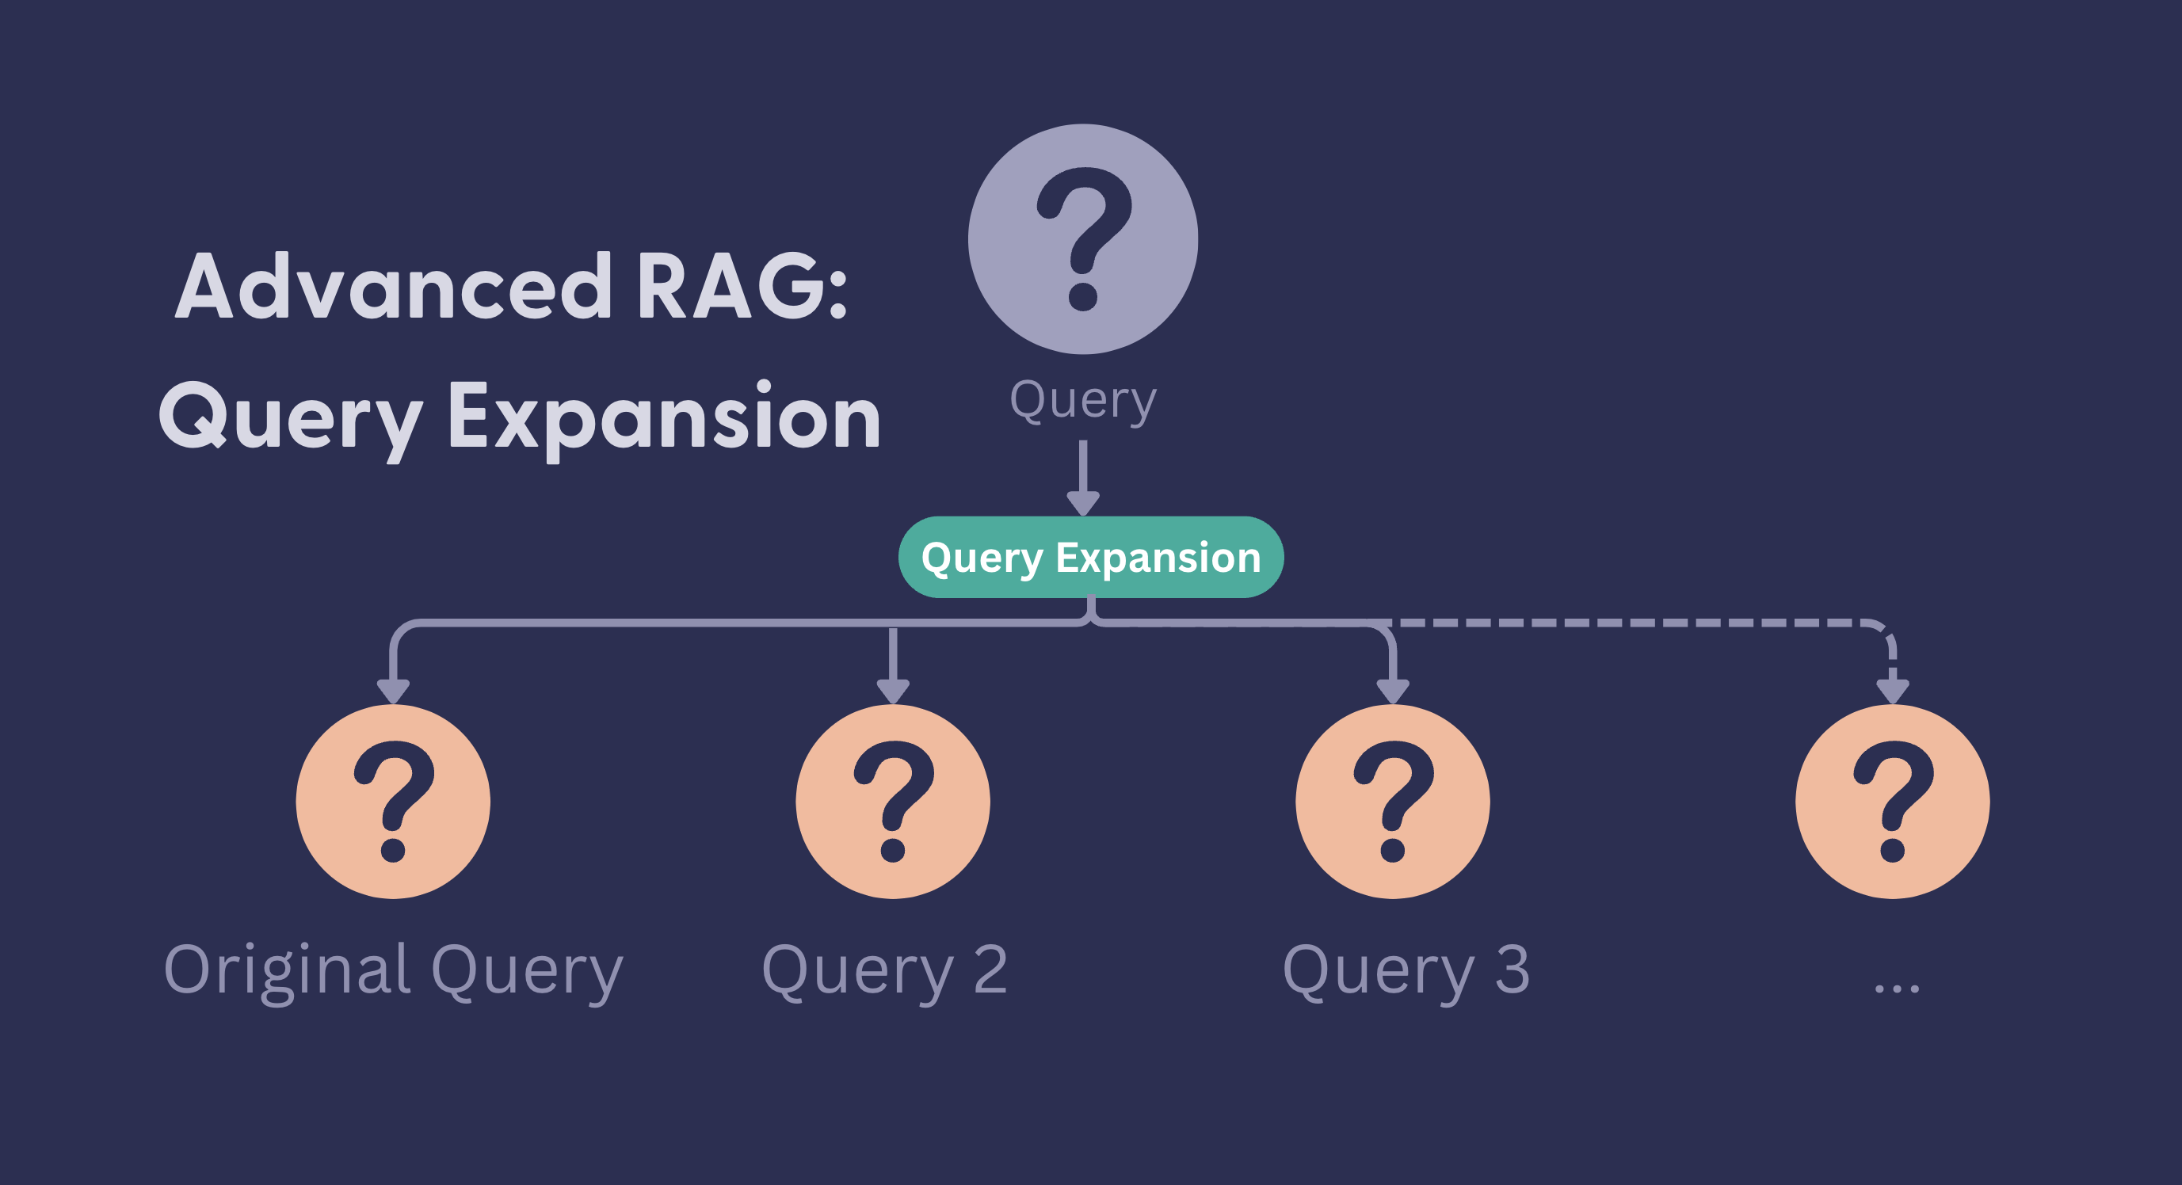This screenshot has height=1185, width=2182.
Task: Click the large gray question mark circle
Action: pos(1082,239)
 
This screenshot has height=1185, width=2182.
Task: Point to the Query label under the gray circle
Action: pos(1082,400)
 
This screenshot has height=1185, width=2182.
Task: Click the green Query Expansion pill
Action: pos(1090,558)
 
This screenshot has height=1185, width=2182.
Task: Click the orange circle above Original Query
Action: pos(393,802)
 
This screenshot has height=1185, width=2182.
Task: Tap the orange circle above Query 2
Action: pos(893,802)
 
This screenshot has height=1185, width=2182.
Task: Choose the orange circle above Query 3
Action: pos(1393,802)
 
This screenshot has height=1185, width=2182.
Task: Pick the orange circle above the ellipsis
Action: pos(1892,802)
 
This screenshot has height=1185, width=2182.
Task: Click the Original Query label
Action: pos(393,970)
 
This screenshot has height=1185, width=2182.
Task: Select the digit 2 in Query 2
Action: pos(990,968)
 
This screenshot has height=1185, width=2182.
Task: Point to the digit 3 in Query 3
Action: pos(1512,968)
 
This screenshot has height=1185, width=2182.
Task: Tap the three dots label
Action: pos(1897,988)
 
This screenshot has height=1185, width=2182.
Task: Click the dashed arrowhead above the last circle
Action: pos(1892,691)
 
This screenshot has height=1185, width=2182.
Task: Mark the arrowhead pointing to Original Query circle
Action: pos(393,691)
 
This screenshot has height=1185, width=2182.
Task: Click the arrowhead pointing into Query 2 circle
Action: pos(893,691)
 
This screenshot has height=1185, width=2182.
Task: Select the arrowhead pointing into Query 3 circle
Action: pos(1393,691)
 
